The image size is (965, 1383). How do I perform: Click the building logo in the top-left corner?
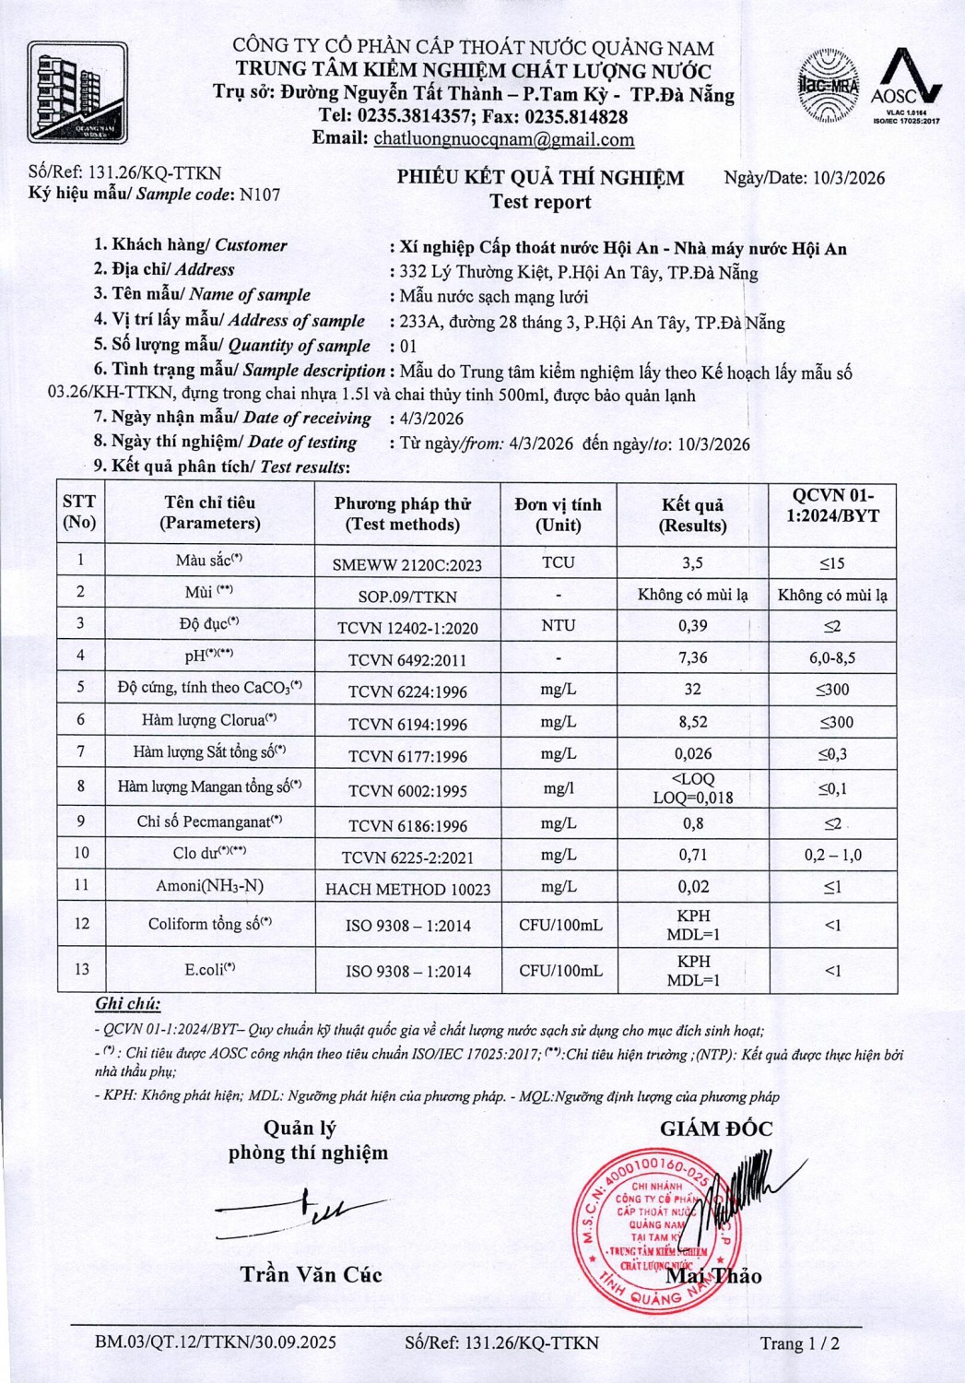77,95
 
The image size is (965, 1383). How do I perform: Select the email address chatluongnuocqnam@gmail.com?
503,139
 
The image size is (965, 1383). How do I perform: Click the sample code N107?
260,195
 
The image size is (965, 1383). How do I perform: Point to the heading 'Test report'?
540,202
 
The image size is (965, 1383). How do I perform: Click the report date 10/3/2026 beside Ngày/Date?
849,178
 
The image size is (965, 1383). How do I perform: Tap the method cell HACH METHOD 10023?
407,889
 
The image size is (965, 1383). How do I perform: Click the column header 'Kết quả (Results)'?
692,514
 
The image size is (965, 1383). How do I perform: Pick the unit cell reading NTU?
558,625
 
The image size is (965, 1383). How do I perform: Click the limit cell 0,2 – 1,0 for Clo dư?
832,855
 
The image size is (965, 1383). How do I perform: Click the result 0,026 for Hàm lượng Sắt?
692,754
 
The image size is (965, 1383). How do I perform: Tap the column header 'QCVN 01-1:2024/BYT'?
832,505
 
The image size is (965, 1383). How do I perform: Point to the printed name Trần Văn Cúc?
311,1274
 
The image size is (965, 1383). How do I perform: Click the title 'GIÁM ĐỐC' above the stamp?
716,1129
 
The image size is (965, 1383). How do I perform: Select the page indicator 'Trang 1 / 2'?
799,1342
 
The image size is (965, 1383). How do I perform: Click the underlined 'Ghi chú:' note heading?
127,1004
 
